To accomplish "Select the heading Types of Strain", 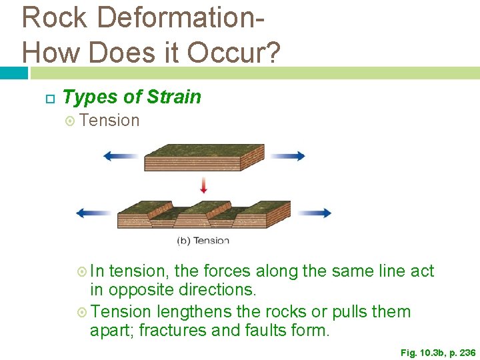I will click(x=131, y=97).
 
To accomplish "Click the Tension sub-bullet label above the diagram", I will click(x=109, y=121).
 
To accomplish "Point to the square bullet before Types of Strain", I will click(x=48, y=98).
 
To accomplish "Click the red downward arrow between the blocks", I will click(x=203, y=184).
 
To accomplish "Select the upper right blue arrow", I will click(x=287, y=156).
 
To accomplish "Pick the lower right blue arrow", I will click(x=313, y=213).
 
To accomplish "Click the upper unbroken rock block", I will click(x=204, y=158).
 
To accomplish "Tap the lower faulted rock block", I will click(x=204, y=215).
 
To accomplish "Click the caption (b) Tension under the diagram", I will click(x=203, y=241).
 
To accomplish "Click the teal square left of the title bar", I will click(x=13, y=72).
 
